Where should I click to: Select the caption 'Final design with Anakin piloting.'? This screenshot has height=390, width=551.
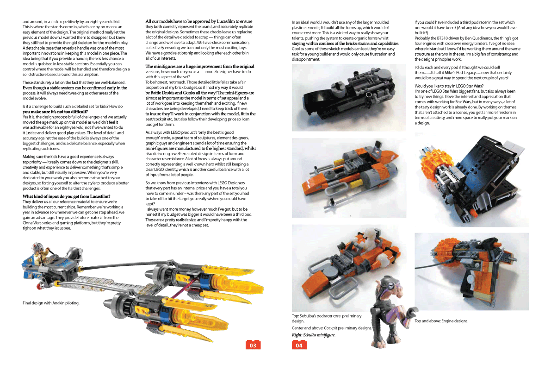pyautogui.click(x=51, y=303)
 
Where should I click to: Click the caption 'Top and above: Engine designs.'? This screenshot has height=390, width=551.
pyautogui.click(x=441, y=321)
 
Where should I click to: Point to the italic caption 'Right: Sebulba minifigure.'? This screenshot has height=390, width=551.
pyautogui.click(x=314, y=335)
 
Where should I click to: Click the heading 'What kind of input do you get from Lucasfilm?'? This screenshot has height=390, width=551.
pyautogui.click(x=67, y=196)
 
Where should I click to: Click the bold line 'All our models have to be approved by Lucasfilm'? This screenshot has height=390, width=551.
pyautogui.click(x=199, y=21)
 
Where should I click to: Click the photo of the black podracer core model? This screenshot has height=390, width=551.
pyautogui.click(x=349, y=97)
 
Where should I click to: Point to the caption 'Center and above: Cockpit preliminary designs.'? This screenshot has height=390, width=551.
pyautogui.click(x=332, y=328)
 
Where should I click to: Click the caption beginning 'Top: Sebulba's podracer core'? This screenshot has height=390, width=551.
pyautogui.click(x=327, y=318)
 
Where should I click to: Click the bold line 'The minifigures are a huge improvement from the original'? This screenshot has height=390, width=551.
pyautogui.click(x=199, y=66)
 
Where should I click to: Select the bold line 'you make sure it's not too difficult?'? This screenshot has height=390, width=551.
pyautogui.click(x=55, y=112)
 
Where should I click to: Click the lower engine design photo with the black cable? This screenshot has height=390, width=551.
pyautogui.click(x=472, y=271)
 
